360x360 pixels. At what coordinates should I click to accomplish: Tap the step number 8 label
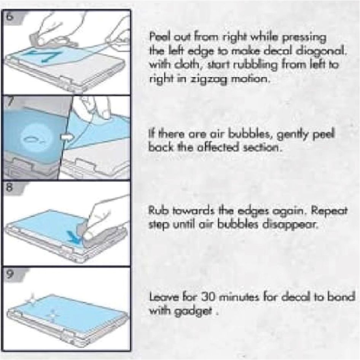pos(8,188)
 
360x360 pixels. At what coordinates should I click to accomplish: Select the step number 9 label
pos(8,274)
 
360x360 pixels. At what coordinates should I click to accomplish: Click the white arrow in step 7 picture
pos(67,137)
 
